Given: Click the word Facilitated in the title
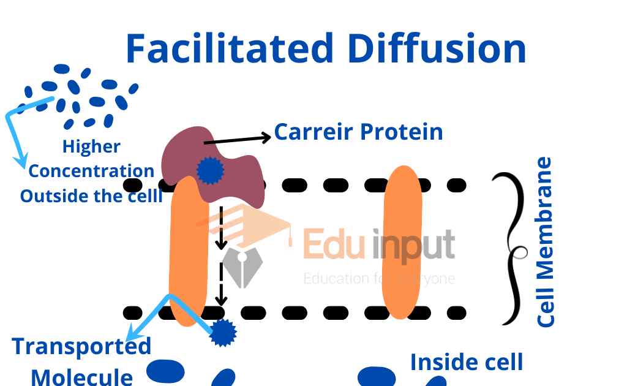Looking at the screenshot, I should (x=229, y=48).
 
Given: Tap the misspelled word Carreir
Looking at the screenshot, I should (x=313, y=132).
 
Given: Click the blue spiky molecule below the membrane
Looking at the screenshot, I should (x=223, y=333).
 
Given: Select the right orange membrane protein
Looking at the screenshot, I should (x=402, y=242).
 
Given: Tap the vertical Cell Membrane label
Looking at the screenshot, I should (x=544, y=242).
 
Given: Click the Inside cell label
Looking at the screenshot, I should (x=467, y=362).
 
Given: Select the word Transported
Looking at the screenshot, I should (x=81, y=347).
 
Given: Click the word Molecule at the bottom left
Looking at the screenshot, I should (x=81, y=375).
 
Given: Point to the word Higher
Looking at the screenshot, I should (x=91, y=146).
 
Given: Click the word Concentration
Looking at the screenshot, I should (x=91, y=171).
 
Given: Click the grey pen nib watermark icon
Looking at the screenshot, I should (x=241, y=263).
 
